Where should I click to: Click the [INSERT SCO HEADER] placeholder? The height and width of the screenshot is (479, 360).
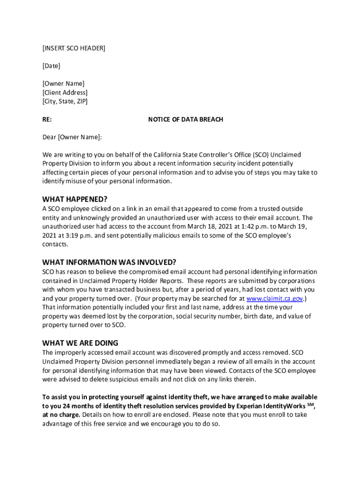coord(74,48)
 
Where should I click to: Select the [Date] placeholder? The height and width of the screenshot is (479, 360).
coord(51,66)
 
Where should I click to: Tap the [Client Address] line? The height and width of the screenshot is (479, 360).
coord(65,93)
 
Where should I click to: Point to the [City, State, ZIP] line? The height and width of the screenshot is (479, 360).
coord(65,101)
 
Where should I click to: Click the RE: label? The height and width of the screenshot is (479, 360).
coord(47,119)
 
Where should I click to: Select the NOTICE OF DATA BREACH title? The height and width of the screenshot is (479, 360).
coord(186,119)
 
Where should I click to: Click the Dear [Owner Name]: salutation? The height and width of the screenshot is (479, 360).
coord(72,137)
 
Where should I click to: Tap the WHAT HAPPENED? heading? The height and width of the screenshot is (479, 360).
coord(75,199)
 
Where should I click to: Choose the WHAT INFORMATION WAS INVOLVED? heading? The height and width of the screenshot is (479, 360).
coord(109,262)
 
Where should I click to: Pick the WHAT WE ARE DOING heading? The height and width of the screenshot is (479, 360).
coord(80,343)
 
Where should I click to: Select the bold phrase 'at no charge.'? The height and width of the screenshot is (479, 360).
coord(61,415)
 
